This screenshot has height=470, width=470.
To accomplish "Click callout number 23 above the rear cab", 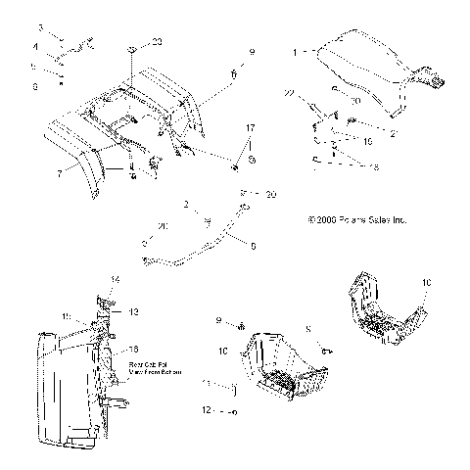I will [x=158, y=42].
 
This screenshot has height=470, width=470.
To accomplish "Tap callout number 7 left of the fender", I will [x=60, y=172].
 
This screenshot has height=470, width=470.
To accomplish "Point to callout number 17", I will [x=250, y=128].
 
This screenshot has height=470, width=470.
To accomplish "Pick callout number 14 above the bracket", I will [x=115, y=280].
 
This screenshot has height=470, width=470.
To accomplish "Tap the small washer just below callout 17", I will [x=251, y=159].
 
